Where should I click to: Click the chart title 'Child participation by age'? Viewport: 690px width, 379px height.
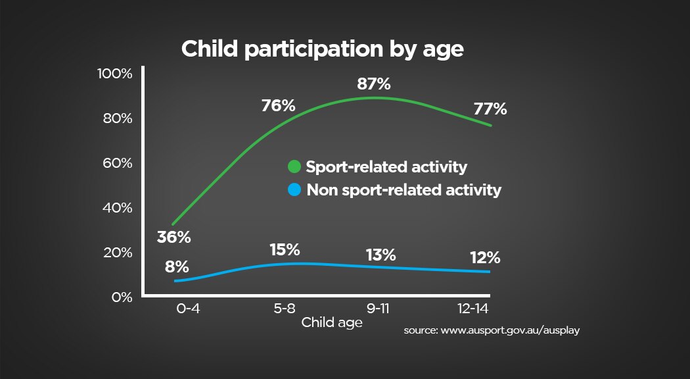[323, 49]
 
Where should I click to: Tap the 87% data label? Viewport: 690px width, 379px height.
[374, 84]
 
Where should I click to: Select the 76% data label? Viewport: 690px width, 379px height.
[279, 105]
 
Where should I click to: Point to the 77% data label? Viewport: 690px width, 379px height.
[490, 109]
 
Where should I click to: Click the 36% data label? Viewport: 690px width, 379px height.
[173, 237]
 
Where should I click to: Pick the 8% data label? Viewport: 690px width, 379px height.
[177, 267]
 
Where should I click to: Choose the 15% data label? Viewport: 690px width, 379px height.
[285, 250]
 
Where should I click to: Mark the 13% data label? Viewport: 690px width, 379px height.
[380, 255]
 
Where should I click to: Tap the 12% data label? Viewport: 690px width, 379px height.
[485, 257]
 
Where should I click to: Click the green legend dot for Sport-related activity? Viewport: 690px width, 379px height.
[294, 166]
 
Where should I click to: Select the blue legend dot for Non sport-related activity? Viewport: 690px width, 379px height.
[294, 190]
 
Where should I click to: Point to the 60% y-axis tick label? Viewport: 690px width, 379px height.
[117, 163]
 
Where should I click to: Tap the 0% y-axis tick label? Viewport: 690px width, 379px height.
[122, 297]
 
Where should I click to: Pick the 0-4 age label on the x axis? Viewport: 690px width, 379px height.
[188, 308]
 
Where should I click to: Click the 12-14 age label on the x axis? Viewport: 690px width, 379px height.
[474, 308]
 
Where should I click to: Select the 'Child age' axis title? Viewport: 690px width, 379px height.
[332, 323]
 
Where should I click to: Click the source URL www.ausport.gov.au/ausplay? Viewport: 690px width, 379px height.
[492, 331]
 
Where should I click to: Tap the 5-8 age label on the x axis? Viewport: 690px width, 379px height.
[285, 308]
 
